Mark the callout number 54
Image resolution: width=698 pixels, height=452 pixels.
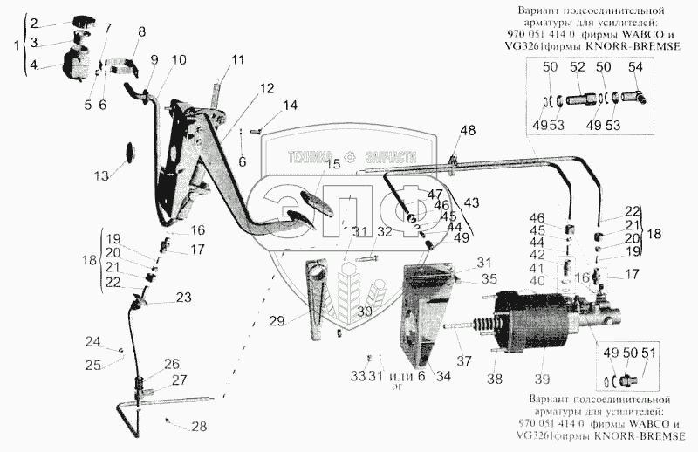click(x=635, y=67)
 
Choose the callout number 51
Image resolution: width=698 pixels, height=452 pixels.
click(x=649, y=352)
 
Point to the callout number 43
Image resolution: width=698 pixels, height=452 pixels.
click(x=471, y=202)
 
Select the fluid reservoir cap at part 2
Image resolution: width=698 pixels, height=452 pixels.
click(x=85, y=22)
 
